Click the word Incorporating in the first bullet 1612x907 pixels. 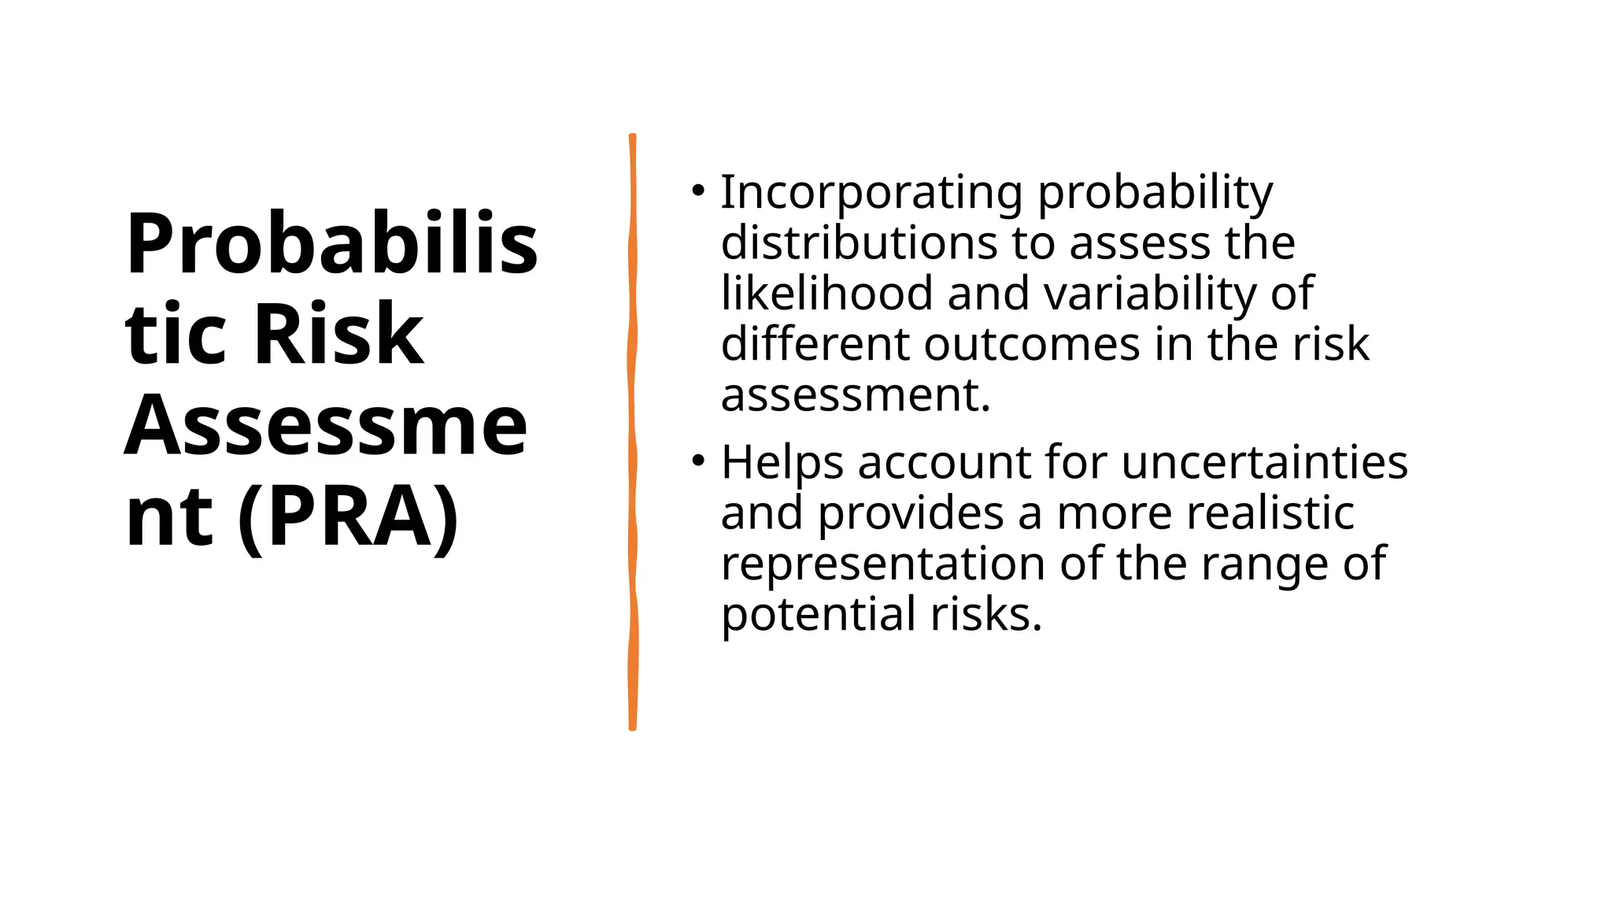tap(871, 193)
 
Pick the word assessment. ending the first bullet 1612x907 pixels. tap(855, 395)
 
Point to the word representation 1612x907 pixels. tap(884, 565)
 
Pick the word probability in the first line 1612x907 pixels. tap(1155, 193)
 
